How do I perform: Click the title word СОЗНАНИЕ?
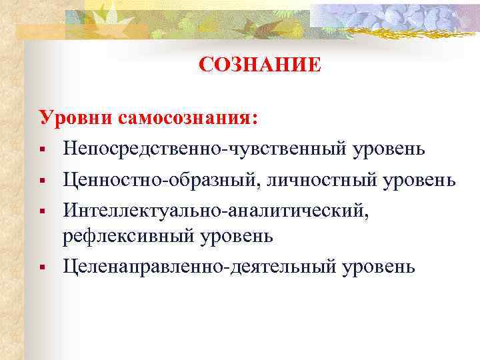259,65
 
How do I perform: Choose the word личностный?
317,180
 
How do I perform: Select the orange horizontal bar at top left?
40,31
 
